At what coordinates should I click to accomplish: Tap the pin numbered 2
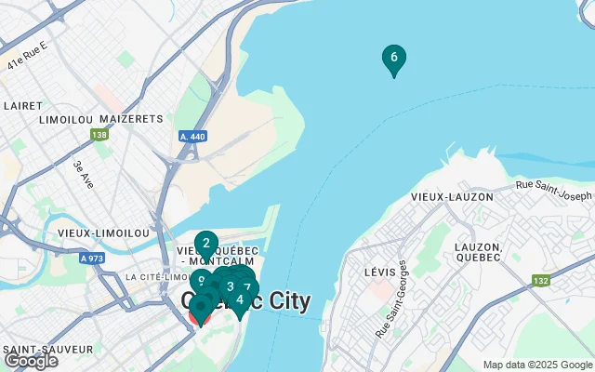(x=206, y=243)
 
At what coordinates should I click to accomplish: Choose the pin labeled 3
(x=230, y=286)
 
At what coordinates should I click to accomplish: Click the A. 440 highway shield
(x=192, y=137)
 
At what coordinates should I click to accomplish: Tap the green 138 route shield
(x=99, y=135)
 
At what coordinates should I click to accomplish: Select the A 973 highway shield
(x=91, y=258)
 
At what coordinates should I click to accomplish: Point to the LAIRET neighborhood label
(x=22, y=106)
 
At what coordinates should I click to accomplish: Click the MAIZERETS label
(x=130, y=119)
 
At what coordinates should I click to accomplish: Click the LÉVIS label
(x=370, y=272)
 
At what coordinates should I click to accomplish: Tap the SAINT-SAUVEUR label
(x=47, y=349)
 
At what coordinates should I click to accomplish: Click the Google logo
(x=31, y=361)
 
